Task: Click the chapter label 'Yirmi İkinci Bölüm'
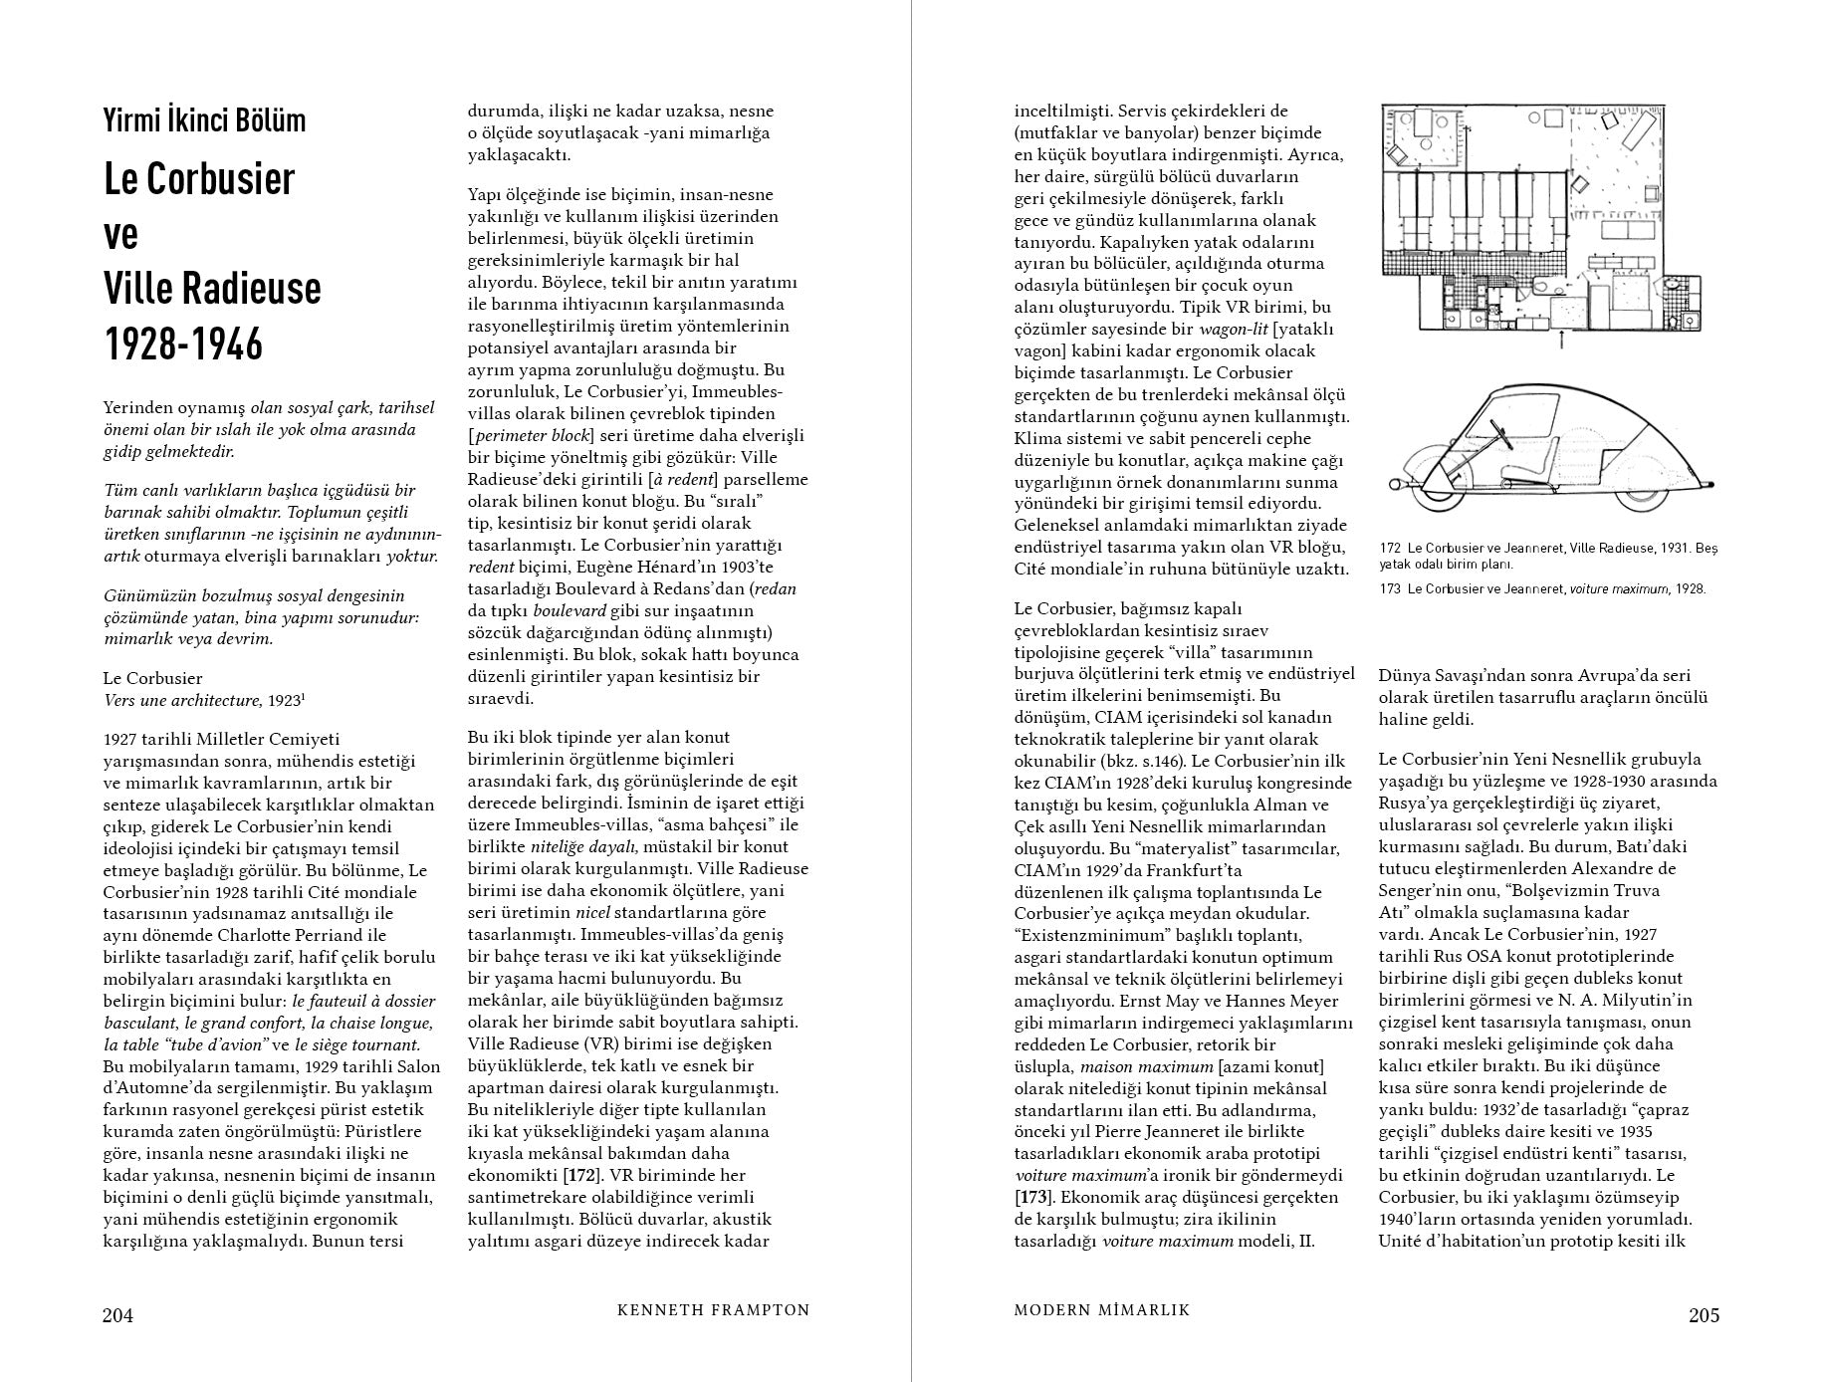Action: pyautogui.click(x=204, y=121)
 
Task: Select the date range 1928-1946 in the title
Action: pyautogui.click(x=183, y=345)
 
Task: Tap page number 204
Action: pyautogui.click(x=117, y=1315)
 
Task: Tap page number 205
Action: pyautogui.click(x=1704, y=1315)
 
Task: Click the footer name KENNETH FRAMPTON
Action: pyautogui.click(x=713, y=1310)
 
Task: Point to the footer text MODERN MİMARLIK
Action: pyautogui.click(x=1101, y=1310)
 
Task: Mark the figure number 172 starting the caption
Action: pyautogui.click(x=1390, y=549)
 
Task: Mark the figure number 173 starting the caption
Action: pyautogui.click(x=1390, y=588)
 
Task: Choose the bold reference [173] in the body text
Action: pyautogui.click(x=1033, y=1198)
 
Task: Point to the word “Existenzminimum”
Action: pyautogui.click(x=1089, y=935)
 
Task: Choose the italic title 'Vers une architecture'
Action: pyautogui.click(x=183, y=701)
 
